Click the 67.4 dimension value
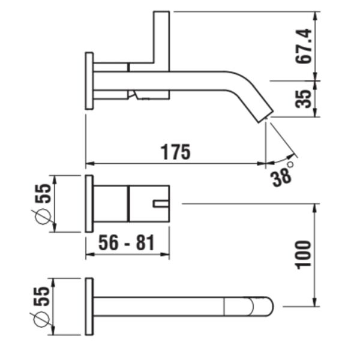[305, 46]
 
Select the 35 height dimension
[305, 98]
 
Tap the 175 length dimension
[175, 152]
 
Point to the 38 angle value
[280, 177]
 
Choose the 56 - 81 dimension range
[127, 243]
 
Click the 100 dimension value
[304, 254]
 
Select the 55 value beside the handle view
[43, 195]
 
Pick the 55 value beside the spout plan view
[43, 296]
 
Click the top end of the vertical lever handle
[161, 14]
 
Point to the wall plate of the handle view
[89, 203]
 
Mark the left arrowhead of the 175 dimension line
[89, 163]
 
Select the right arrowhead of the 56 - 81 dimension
[167, 255]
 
